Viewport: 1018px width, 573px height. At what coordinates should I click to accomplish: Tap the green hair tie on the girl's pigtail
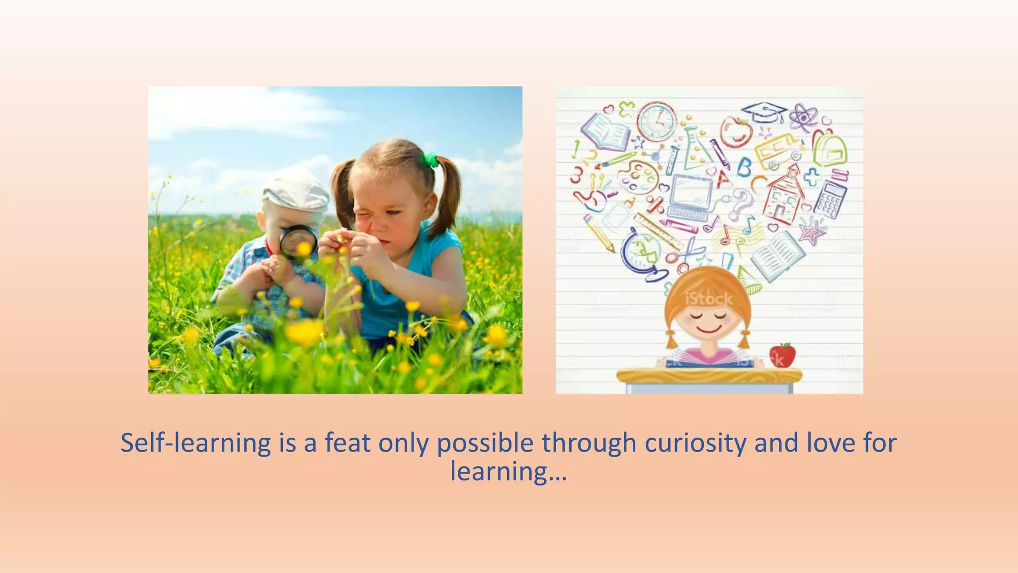[430, 160]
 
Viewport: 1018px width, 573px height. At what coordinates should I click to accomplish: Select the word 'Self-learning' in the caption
[195, 443]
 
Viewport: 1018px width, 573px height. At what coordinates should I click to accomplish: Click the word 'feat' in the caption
[347, 443]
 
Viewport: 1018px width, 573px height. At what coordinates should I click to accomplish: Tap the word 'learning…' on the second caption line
[509, 471]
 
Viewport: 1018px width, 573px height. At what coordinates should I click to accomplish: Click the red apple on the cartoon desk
[782, 355]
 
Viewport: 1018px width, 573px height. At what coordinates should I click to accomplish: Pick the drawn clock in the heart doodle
[657, 122]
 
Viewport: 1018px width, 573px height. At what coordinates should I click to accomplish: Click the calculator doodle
[830, 199]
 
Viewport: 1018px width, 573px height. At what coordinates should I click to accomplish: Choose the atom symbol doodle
[803, 117]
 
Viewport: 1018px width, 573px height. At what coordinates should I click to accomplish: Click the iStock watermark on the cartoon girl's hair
[709, 299]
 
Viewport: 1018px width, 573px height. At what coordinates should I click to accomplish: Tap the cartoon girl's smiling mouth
[709, 329]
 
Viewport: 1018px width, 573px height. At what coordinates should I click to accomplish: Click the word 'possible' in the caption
[485, 443]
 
